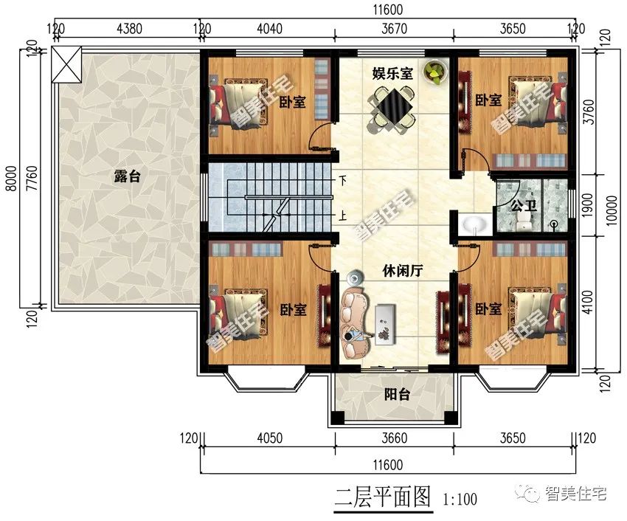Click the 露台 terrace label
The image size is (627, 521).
coord(127,176)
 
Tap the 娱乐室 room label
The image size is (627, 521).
coord(392,74)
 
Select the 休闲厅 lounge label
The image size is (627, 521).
coord(402,272)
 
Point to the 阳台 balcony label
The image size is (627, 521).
coord(397,395)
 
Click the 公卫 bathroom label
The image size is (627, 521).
coord(524,207)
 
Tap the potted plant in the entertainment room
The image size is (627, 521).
coord(435,72)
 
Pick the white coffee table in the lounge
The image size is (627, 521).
coord(386,324)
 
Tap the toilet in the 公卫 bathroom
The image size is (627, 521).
coord(524,220)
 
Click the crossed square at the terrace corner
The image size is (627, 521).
coord(67,64)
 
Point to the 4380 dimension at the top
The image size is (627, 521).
coord(129,29)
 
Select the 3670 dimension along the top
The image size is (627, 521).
coord(395,29)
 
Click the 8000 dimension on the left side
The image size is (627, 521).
coord(12,178)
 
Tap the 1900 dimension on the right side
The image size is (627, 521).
coord(587,205)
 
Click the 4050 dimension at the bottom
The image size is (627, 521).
coord(269,438)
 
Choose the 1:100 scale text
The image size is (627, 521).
coord(460,499)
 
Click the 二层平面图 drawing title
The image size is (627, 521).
coord(384,497)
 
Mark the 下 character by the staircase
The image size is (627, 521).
coord(343,180)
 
